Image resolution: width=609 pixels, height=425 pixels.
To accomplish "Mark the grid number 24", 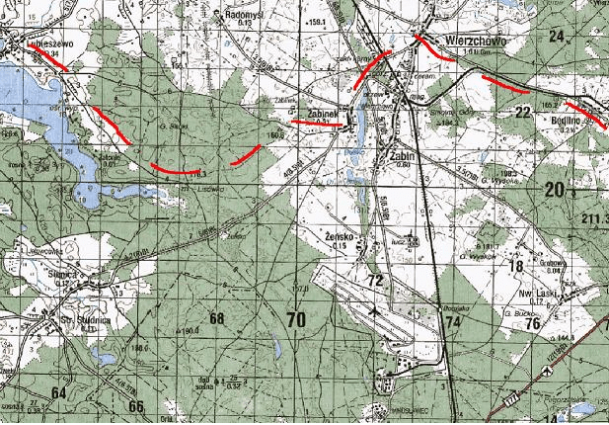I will [x=557, y=37].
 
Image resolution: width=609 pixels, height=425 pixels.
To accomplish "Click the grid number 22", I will [x=522, y=114].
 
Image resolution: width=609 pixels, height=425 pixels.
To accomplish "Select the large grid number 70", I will [x=294, y=319].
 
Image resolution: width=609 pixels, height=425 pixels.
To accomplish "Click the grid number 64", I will [x=60, y=392].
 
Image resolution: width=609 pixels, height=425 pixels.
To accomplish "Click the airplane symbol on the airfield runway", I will [x=374, y=311].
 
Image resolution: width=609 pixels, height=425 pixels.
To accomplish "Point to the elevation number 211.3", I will [x=595, y=217].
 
